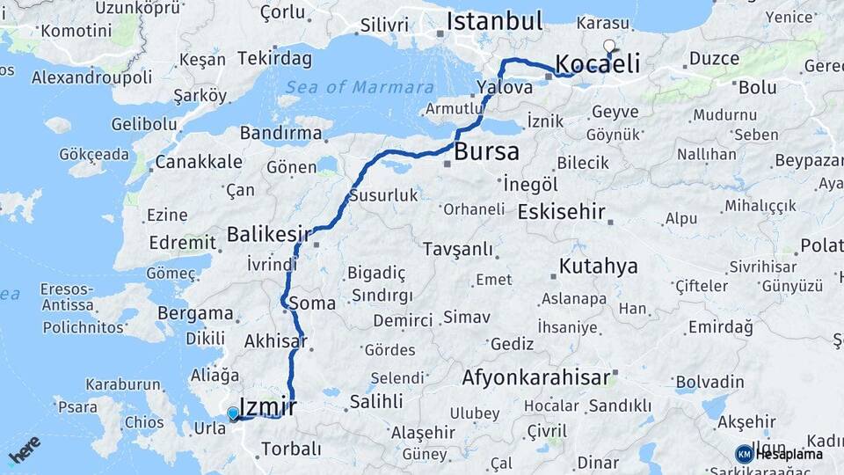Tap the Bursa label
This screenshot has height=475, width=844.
tap(485, 151)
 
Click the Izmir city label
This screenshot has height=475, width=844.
tap(267, 406)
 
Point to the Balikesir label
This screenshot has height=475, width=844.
tap(270, 234)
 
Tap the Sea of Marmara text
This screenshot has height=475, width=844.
tap(359, 87)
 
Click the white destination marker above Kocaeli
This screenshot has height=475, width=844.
tap(608, 46)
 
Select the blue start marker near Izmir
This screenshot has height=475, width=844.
tap(232, 413)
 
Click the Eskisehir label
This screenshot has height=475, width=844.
tap(561, 212)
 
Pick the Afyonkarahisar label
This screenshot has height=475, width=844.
tap(535, 378)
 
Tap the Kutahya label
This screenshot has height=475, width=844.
tap(598, 267)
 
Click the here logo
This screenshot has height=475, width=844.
tap(25, 449)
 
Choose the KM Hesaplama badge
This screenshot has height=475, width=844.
tap(779, 454)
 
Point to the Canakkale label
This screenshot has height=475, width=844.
tap(198, 162)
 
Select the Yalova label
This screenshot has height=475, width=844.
tap(505, 87)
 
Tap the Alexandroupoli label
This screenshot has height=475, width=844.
tap(92, 77)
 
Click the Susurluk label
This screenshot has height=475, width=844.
tap(383, 195)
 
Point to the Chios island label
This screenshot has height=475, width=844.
tap(143, 421)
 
